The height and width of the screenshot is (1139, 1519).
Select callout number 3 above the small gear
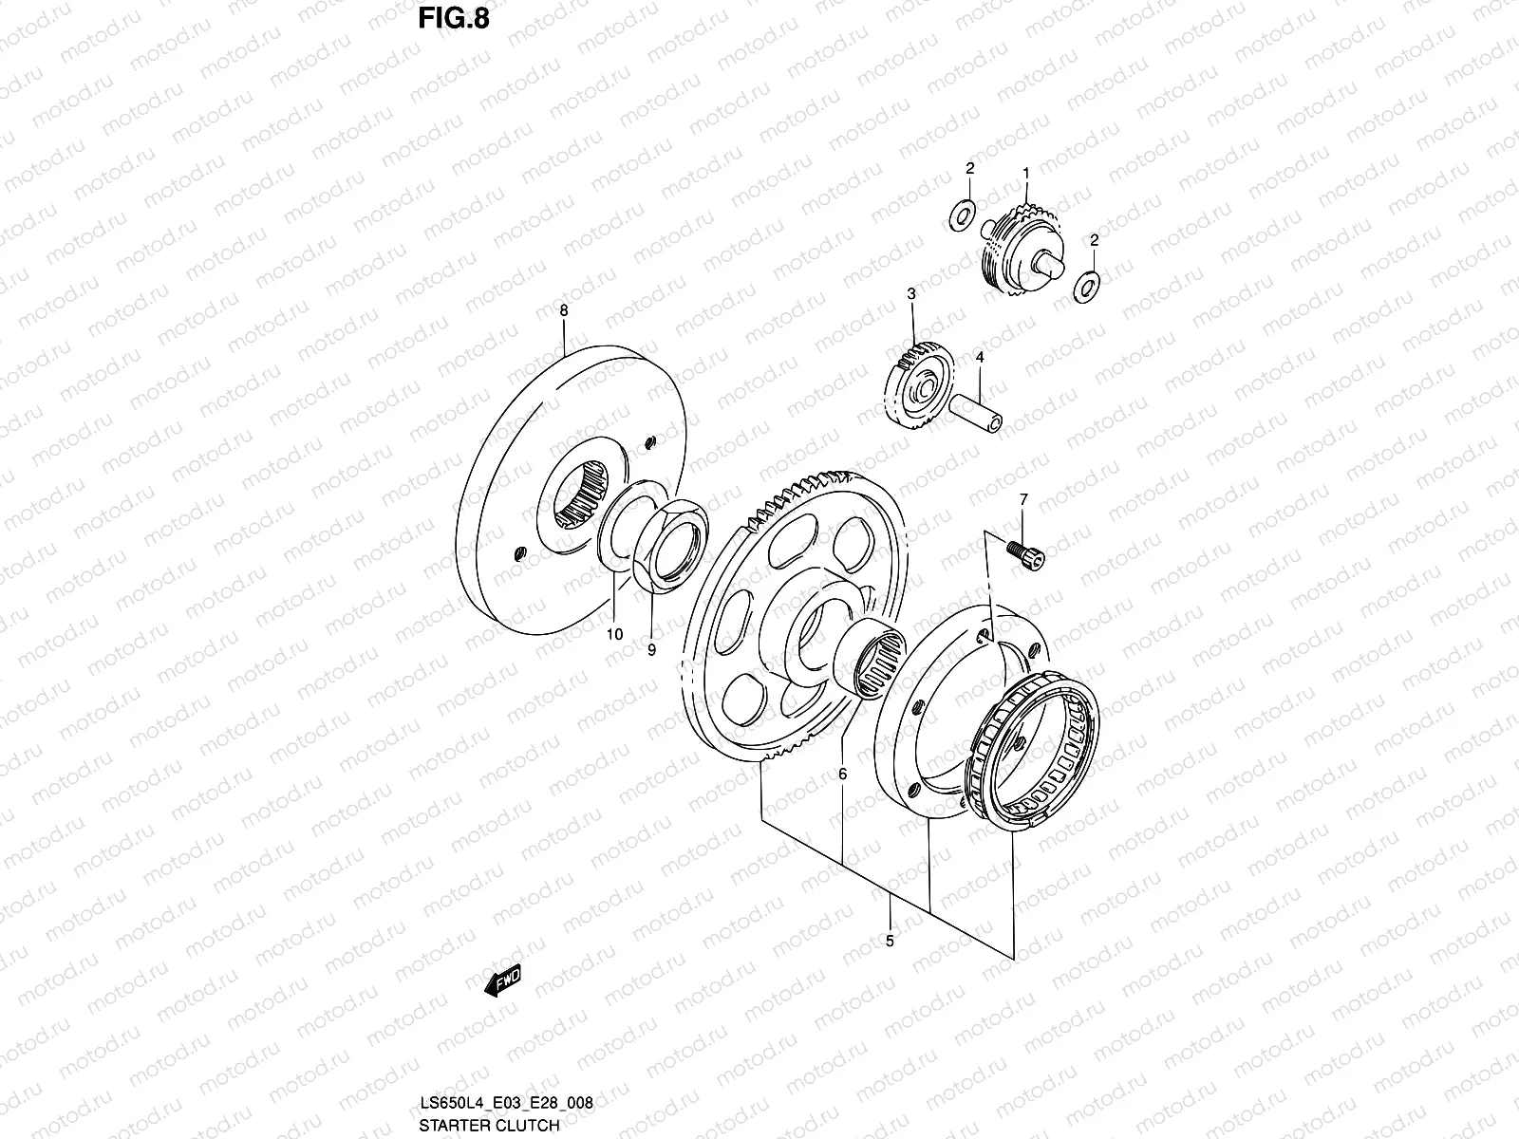(x=910, y=295)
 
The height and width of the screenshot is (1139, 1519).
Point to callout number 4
(x=979, y=357)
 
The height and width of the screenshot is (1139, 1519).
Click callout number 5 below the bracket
(x=890, y=942)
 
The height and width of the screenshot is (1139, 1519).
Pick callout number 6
(x=842, y=775)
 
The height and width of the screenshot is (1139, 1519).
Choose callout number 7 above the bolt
(x=1023, y=499)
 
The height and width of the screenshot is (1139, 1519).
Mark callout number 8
(x=564, y=310)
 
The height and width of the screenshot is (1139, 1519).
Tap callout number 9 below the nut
(x=651, y=650)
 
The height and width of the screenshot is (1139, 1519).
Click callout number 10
(x=614, y=634)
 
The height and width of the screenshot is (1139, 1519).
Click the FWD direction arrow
(x=503, y=981)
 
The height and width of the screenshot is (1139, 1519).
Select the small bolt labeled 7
(x=1029, y=554)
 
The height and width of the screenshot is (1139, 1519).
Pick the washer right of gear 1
(x=1086, y=286)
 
